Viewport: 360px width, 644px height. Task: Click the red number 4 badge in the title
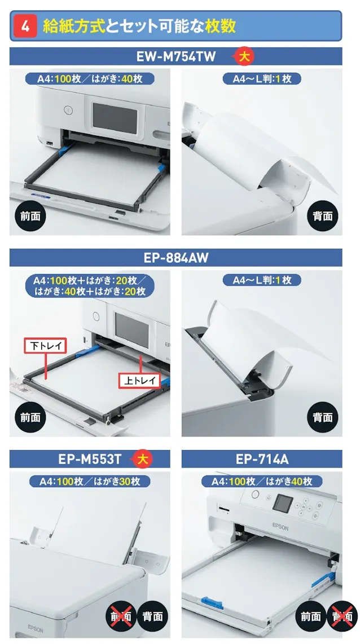coord(25,26)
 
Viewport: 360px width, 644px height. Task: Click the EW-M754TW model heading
coord(176,57)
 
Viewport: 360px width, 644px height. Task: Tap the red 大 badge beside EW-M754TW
coord(244,57)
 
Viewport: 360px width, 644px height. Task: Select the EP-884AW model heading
coord(176,258)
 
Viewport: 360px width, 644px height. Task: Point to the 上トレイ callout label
coord(139,380)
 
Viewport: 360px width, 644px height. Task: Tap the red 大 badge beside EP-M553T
coord(142,459)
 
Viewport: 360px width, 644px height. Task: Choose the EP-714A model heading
coord(262,459)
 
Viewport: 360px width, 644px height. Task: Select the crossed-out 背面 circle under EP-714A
coord(342,616)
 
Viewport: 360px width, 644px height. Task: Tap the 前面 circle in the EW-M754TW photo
coord(30,215)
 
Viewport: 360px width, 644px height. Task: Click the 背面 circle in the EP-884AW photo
coord(322,417)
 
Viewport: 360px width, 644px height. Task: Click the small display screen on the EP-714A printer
coord(283,503)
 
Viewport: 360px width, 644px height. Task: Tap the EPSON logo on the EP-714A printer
coord(280,527)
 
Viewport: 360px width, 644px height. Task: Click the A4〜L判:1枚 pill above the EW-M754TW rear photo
coord(262,78)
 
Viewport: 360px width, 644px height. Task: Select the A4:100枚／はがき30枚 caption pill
coord(90,481)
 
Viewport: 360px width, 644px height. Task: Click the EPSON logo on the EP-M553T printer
coord(36,629)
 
